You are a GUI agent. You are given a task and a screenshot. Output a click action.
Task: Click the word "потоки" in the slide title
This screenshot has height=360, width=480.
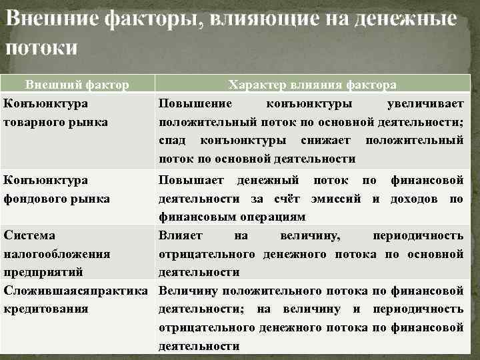tap(41, 48)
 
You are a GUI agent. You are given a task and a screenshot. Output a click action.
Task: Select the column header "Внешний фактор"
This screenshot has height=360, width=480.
tap(77, 85)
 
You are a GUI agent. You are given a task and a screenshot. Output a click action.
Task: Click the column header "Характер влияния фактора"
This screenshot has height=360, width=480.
tap(312, 85)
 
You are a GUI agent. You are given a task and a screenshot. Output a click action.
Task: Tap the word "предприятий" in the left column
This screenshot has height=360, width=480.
tap(43, 272)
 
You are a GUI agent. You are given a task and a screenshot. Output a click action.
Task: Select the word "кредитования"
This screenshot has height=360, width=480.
tap(46, 309)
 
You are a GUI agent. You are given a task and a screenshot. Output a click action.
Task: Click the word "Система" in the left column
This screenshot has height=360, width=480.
tap(30, 235)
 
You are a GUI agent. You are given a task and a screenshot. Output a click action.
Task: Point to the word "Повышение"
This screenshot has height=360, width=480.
tap(195, 104)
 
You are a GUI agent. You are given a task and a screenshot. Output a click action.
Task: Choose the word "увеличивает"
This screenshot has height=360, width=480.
tap(425, 104)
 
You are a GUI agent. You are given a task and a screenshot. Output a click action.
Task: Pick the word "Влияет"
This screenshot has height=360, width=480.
tap(181, 235)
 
